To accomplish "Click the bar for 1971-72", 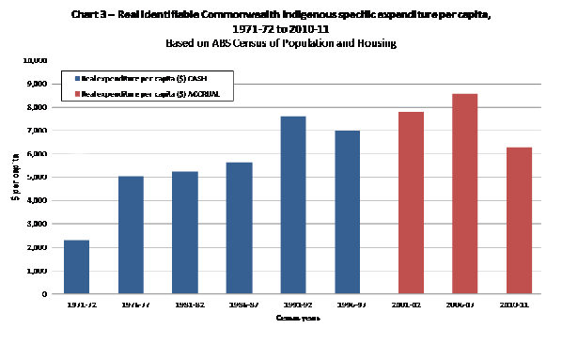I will point(76,267).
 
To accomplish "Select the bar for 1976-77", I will point(130,235).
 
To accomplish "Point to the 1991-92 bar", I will point(292,205).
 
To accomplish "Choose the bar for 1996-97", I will point(347,212).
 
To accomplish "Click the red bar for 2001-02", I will point(410,202).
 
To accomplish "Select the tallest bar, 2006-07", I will point(464,194).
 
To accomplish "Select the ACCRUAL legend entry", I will point(145,95).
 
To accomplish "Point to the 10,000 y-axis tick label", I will point(36,60).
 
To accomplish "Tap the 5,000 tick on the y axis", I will point(38,177).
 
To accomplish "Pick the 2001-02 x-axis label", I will point(410,305).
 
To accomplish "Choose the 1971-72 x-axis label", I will point(76,305).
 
